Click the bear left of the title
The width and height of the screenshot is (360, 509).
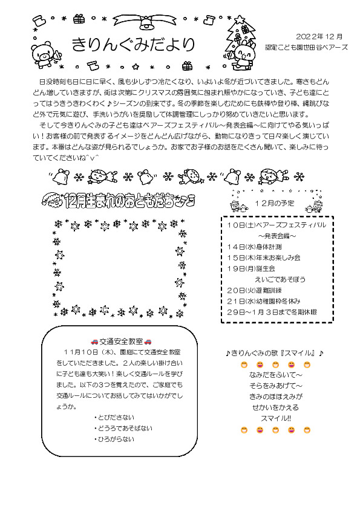coord(45,53)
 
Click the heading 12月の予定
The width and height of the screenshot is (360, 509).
coord(275,203)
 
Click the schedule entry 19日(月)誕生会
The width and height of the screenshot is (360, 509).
coord(251,268)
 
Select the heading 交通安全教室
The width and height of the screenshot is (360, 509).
coord(120,342)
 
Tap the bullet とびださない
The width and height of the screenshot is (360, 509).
coord(114,418)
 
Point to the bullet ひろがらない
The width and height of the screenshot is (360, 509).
coord(114,439)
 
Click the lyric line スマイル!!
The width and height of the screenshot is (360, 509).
coord(275,418)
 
